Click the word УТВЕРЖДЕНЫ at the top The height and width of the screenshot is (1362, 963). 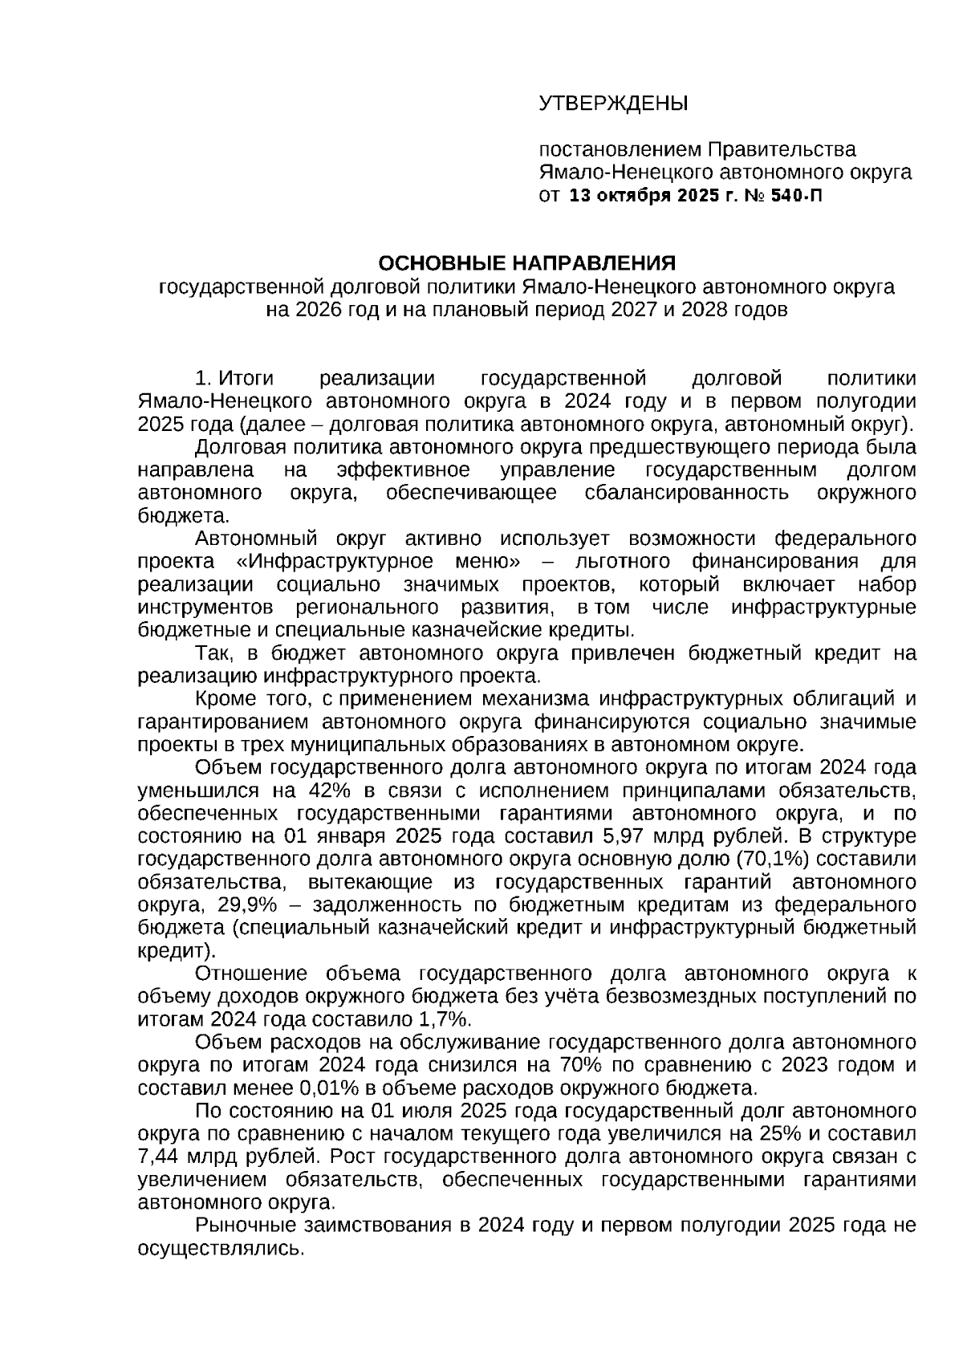pyautogui.click(x=613, y=104)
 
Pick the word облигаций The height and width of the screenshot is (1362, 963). pyautogui.click(x=831, y=699)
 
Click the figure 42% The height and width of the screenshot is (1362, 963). pyautogui.click(x=320, y=790)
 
